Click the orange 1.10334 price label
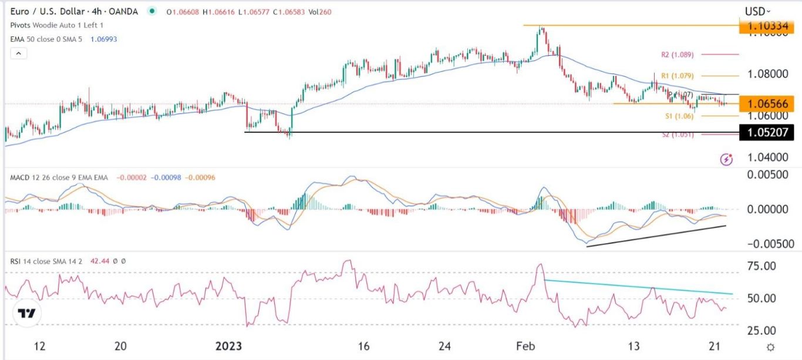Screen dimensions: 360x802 click(x=766, y=26)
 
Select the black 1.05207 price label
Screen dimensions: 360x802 click(x=766, y=133)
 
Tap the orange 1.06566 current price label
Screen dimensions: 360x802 click(x=766, y=103)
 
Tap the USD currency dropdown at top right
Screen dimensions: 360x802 click(x=758, y=11)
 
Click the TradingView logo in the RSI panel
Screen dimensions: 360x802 click(x=27, y=313)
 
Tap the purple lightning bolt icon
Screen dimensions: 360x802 click(x=727, y=159)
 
